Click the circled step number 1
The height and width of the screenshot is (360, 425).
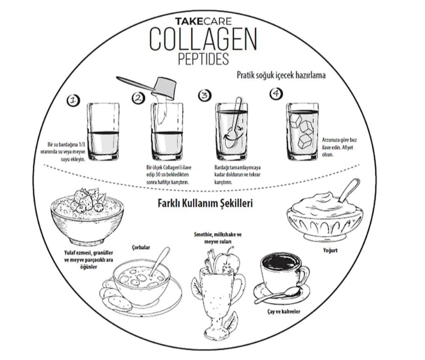coord(73,101)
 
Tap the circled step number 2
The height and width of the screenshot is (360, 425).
coord(139,98)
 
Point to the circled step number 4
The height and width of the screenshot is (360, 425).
coord(276,94)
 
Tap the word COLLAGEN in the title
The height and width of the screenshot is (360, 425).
coord(203,39)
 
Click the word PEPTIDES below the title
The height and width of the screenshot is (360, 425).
coord(203,59)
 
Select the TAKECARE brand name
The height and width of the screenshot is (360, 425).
coord(203,21)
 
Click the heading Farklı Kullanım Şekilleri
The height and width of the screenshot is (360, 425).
coord(205,203)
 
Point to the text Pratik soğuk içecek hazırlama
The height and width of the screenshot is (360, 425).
coord(281,75)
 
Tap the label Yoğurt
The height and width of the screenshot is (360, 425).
coord(330,250)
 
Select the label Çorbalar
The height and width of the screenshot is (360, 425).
coord(141,247)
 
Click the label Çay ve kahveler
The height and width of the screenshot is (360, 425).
coord(283,311)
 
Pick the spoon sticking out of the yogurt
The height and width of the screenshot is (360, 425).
coord(350,190)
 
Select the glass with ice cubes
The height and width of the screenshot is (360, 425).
coord(303,131)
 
